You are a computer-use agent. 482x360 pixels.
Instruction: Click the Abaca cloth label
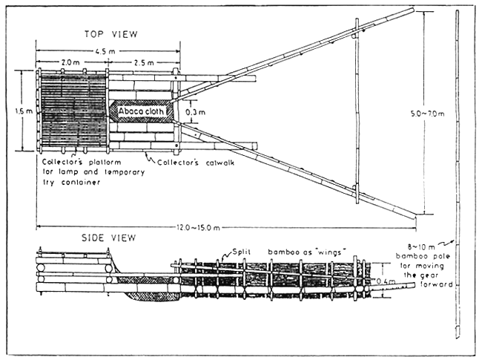(x=143, y=111)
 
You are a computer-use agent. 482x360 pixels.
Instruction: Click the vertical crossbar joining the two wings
(x=357, y=111)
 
